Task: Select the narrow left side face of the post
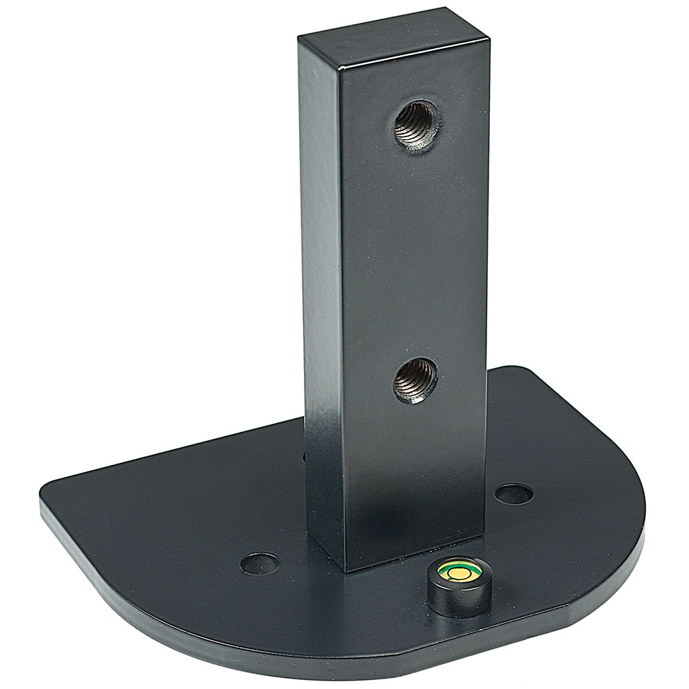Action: pyautogui.click(x=320, y=276)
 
